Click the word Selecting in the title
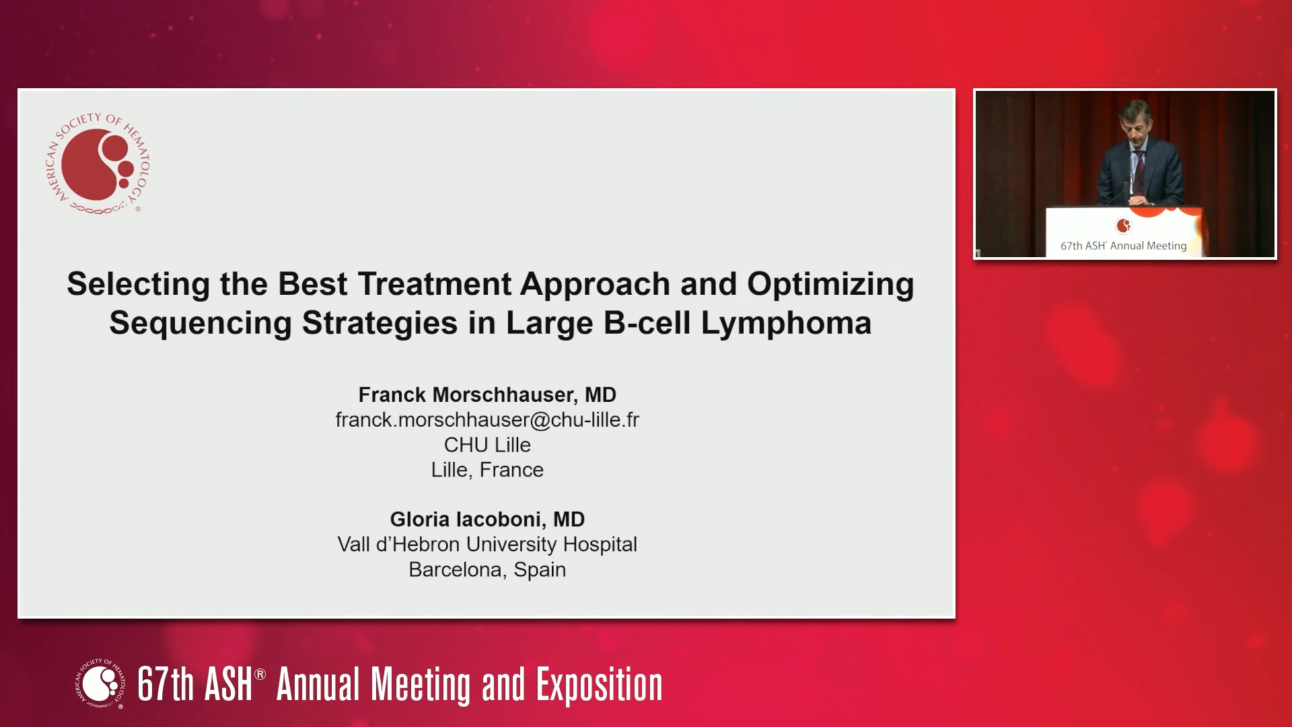139,285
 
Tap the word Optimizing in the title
830,285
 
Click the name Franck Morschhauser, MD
487,394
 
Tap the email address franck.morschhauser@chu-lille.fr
487,419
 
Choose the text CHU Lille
487,445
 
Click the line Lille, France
487,470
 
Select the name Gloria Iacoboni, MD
487,519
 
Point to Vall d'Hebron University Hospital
487,544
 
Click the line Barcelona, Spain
487,569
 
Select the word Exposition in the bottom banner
599,685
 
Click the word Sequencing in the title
201,324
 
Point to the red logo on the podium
1123,226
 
